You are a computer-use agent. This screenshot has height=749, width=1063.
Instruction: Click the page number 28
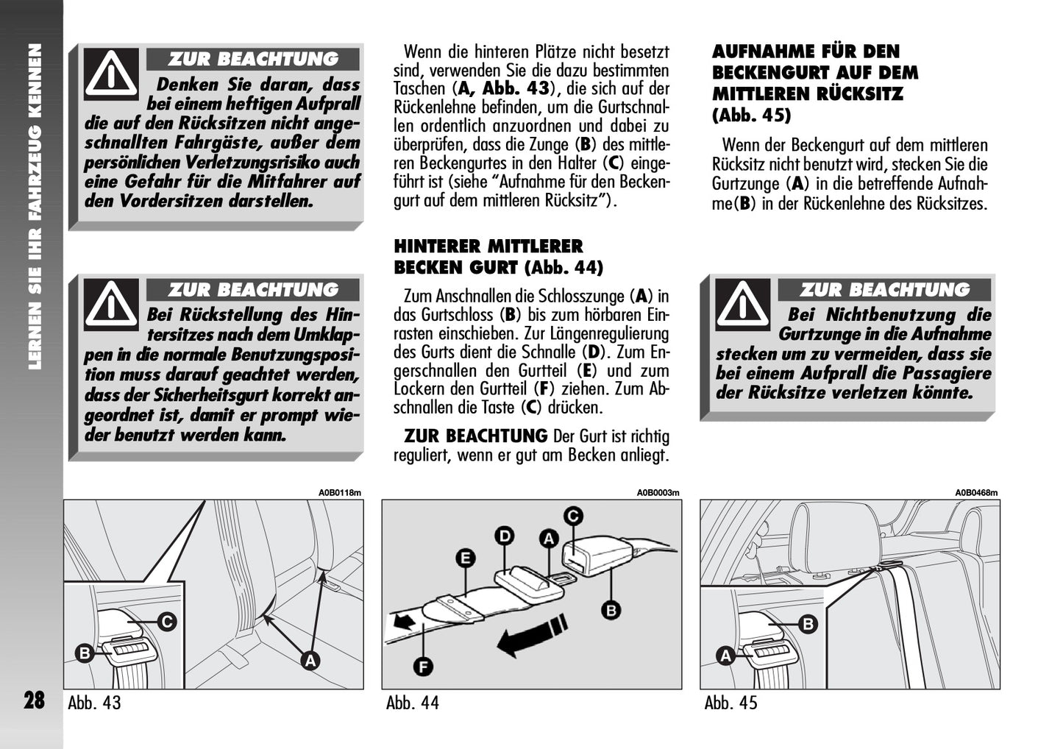click(x=34, y=700)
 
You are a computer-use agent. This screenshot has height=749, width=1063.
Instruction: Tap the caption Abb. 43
click(x=94, y=703)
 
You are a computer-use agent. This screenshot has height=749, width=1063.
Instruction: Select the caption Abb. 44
click(x=412, y=703)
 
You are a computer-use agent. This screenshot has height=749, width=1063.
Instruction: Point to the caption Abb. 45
click(x=730, y=703)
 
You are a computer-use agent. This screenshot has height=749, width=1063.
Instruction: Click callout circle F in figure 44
click(x=423, y=667)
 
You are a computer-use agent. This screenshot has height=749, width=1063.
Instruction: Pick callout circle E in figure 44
click(x=464, y=558)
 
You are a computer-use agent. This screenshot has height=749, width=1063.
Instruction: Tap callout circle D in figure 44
click(x=504, y=536)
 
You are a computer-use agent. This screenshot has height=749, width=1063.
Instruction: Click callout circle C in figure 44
click(x=573, y=517)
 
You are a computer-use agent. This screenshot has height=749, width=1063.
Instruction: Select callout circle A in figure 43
click(x=310, y=660)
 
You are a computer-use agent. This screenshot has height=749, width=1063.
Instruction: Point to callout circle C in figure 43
click(x=167, y=622)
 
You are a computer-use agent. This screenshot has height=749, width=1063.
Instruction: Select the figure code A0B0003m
click(x=658, y=493)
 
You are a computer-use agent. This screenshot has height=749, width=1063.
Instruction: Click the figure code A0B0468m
click(x=976, y=493)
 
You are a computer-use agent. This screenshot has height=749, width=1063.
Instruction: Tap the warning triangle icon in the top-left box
click(x=111, y=74)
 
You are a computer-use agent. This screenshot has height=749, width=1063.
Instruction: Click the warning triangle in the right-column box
click(x=743, y=304)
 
